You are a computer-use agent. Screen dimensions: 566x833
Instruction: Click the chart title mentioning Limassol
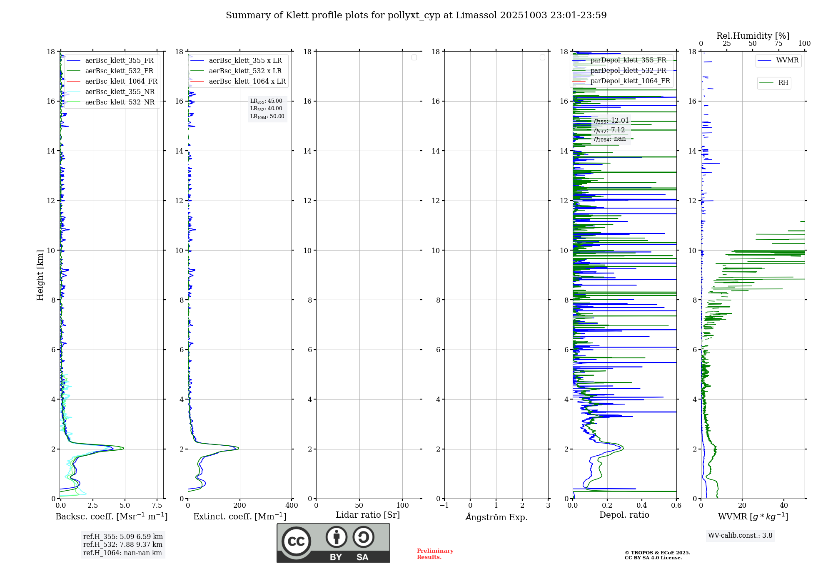416,15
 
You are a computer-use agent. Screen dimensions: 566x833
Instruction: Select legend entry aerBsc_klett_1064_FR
121,81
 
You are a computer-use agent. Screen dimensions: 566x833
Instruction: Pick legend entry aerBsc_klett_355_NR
120,92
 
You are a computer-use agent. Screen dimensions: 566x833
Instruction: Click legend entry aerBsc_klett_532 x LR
245,71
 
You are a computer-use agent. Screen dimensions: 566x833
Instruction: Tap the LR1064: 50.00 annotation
267,117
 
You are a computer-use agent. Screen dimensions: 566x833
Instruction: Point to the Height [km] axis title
40,275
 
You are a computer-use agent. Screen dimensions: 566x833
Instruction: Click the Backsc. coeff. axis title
111,516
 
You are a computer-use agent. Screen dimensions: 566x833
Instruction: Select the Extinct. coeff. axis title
239,516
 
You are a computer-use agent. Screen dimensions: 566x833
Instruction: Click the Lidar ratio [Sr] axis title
367,515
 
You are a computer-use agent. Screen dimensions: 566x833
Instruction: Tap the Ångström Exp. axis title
496,517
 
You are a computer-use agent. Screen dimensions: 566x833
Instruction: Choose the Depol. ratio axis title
624,515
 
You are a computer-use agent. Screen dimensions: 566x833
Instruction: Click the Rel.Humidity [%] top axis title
753,36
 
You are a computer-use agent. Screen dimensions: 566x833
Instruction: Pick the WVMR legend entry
787,60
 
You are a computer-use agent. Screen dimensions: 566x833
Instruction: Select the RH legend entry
783,83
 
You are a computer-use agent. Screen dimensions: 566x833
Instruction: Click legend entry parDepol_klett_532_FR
628,70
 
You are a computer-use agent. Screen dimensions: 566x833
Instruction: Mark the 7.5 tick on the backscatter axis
157,505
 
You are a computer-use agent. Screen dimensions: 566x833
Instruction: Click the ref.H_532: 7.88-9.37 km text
123,544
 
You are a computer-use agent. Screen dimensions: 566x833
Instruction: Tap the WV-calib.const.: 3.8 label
740,536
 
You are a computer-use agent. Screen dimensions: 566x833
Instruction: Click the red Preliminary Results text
435,554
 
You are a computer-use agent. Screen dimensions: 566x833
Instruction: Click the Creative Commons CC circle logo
296,541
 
